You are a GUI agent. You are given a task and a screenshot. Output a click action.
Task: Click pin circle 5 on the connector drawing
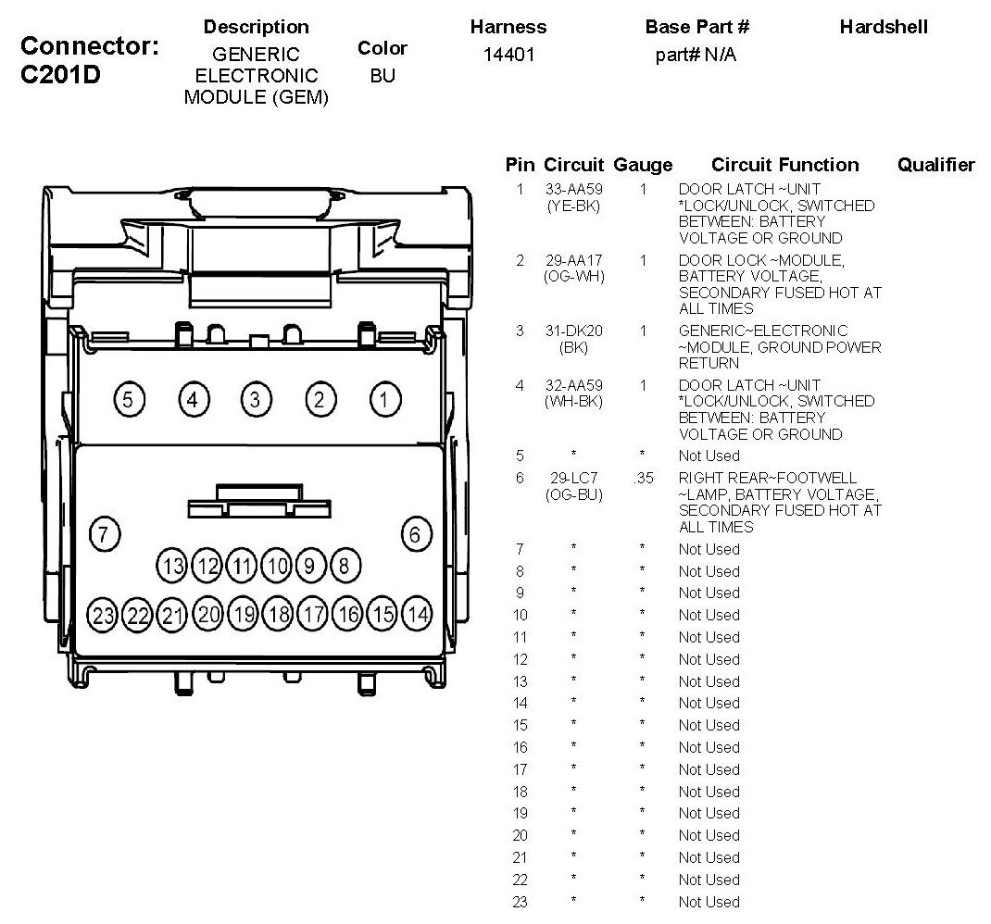[128, 400]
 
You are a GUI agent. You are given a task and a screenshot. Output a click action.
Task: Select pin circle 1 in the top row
[384, 400]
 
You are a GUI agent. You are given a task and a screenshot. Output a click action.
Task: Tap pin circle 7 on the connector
[105, 534]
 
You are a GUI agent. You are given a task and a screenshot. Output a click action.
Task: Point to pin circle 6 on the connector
[416, 534]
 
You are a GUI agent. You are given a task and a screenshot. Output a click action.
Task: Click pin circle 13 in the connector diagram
[173, 565]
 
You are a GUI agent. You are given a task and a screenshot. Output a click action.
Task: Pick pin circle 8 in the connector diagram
[345, 565]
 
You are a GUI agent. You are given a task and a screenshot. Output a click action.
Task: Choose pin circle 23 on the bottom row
[104, 614]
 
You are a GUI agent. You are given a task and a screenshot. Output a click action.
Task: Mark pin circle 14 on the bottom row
[418, 614]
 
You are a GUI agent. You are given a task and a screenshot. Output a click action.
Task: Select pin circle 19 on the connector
[244, 614]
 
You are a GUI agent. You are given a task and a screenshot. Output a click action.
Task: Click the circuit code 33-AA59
[573, 189]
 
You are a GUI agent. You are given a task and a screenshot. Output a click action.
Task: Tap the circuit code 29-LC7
[573, 478]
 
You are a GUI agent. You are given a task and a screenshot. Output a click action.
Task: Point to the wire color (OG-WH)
[573, 277]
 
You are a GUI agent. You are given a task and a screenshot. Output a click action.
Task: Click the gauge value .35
[642, 478]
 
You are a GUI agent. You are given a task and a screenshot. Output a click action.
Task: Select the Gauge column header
[642, 165]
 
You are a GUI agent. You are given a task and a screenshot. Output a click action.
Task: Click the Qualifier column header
[935, 165]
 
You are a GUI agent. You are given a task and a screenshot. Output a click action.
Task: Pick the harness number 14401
[508, 56]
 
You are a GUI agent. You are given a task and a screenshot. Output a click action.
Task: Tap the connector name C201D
[60, 75]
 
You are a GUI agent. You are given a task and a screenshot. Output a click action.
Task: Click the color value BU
[383, 76]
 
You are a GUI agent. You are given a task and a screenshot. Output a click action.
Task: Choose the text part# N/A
[696, 56]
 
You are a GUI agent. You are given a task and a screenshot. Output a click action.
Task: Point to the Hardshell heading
[883, 27]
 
